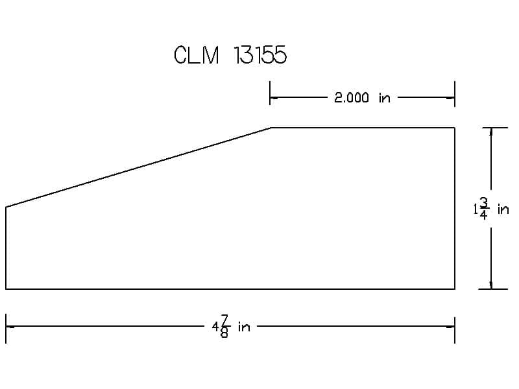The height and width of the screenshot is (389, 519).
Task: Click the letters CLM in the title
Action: tap(197, 54)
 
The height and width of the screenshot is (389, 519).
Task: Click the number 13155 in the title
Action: tap(260, 54)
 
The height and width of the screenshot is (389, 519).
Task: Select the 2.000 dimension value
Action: tap(351, 98)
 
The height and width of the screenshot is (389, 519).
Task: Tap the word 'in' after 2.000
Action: tap(385, 98)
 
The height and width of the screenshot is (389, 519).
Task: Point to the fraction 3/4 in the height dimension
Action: tap(483, 208)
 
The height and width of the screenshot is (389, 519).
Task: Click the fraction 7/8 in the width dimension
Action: tap(224, 327)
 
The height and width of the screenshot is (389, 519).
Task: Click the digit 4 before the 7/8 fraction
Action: tap(215, 327)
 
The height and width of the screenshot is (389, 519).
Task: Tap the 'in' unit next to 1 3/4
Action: tap(503, 209)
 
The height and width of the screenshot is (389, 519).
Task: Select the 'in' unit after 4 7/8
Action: tap(244, 327)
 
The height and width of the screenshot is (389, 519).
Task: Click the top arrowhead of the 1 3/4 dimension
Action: tap(491, 132)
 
